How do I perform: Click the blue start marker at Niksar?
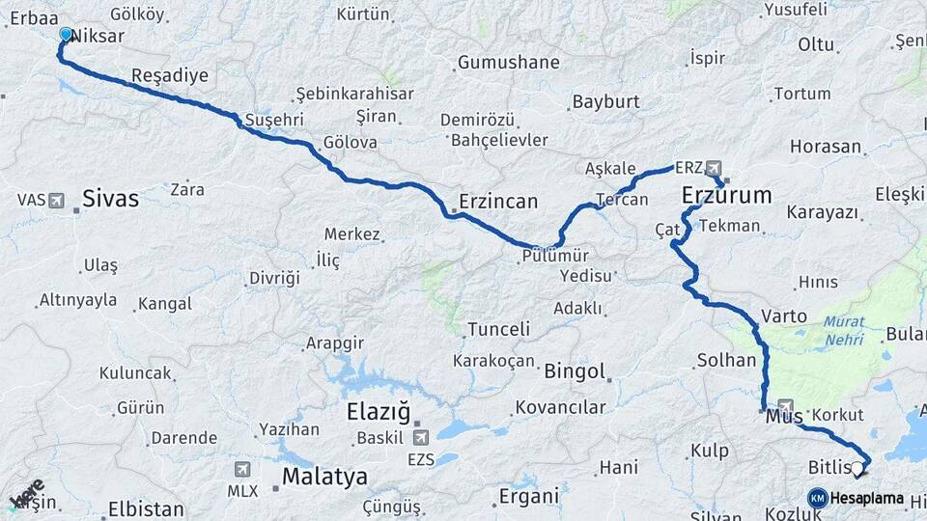tap(66, 35)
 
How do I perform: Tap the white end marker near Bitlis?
tap(857, 469)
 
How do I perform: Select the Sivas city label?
tap(110, 200)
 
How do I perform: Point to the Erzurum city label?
tap(726, 196)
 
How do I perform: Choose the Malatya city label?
tap(324, 477)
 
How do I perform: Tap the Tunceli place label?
tap(498, 329)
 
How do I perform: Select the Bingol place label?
tap(575, 371)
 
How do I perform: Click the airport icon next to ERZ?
tap(713, 168)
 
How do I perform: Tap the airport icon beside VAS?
tap(56, 201)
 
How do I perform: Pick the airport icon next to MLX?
tap(241, 469)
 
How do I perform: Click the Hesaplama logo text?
tap(866, 498)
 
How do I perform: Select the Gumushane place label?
tap(508, 63)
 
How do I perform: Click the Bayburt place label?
tap(605, 101)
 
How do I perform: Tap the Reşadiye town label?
tap(169, 75)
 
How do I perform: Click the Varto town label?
tap(784, 315)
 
